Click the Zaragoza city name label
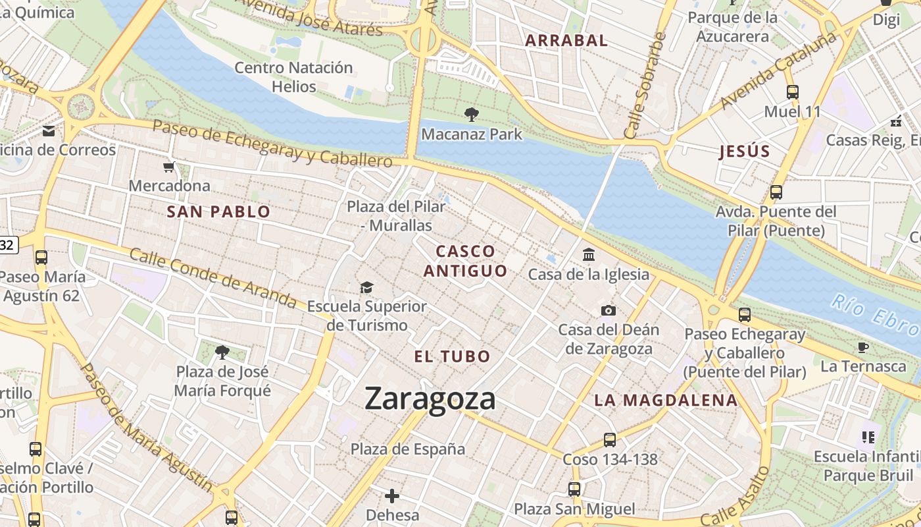point(430,399)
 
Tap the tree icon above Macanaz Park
point(471,115)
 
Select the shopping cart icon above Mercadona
point(169,167)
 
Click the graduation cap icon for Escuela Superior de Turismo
point(366,287)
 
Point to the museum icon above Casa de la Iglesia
point(589,254)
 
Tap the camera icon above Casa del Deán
point(609,310)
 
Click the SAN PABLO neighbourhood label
point(218,211)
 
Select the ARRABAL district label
point(566,40)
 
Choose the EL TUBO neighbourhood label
point(452,356)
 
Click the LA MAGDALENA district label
point(666,400)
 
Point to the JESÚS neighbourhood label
point(744,152)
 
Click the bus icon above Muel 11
point(792,92)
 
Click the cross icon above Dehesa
point(392,495)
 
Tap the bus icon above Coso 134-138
point(610,439)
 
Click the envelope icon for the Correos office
point(49,130)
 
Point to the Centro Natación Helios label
point(293,77)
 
